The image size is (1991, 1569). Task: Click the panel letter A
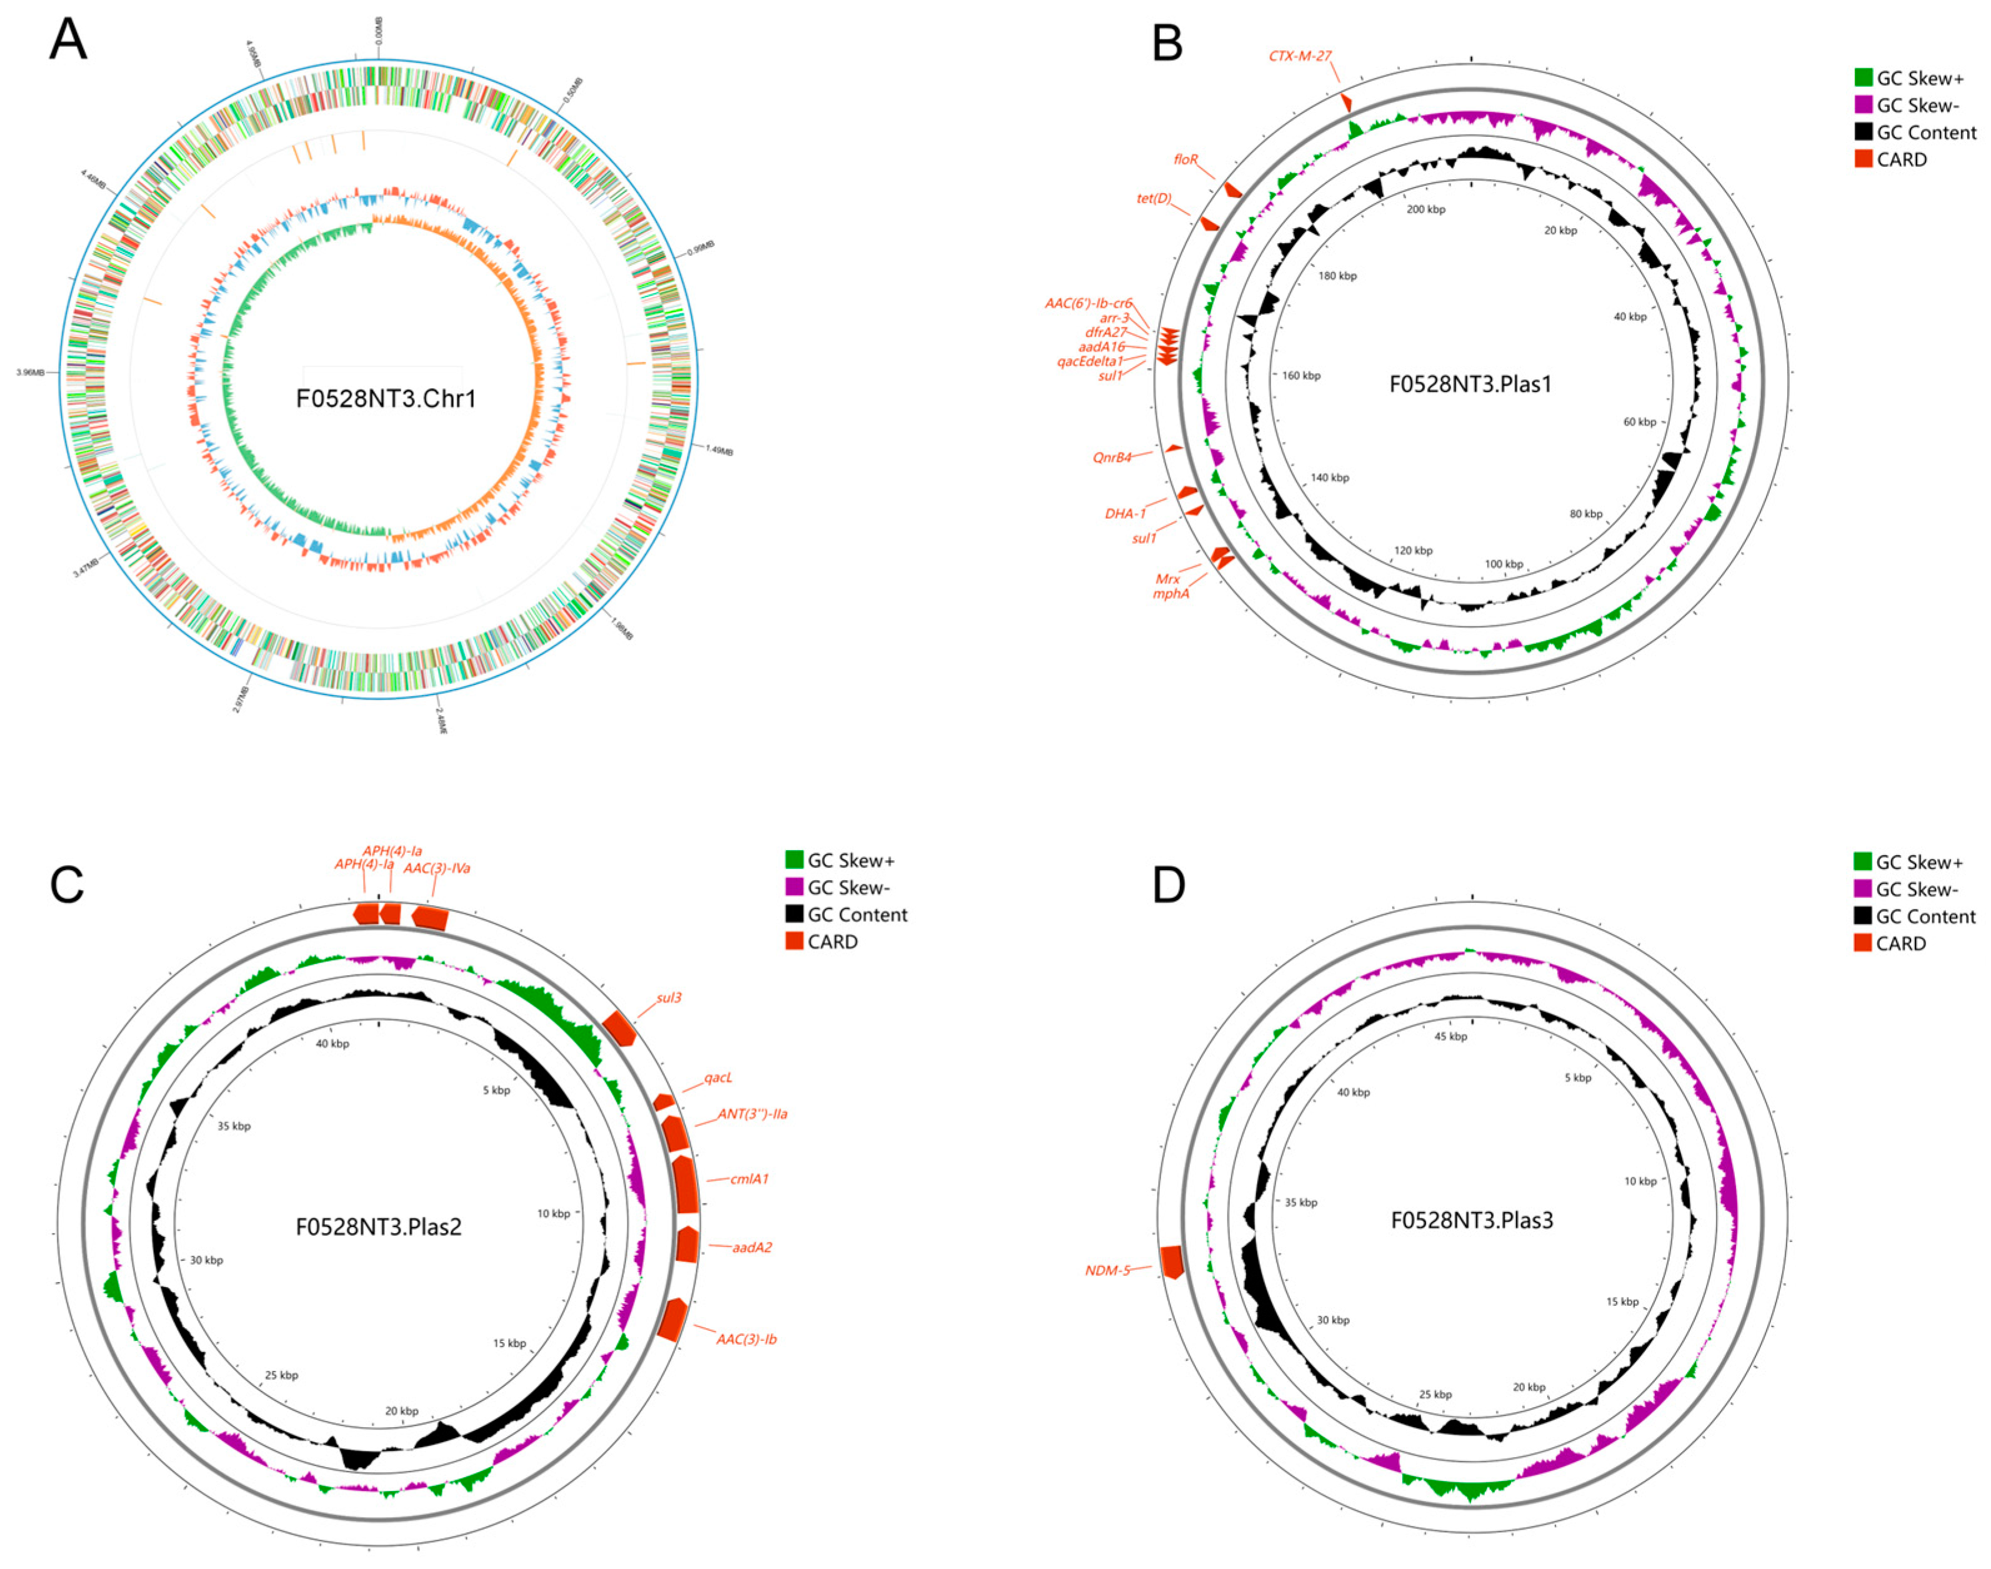coord(68,41)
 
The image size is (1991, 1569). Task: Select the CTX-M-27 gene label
coord(1299,56)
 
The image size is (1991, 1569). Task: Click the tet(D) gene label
coord(1154,198)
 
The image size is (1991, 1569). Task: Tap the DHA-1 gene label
coord(1125,513)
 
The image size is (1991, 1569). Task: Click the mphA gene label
coord(1171,593)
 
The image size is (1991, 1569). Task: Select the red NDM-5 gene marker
coord(1171,1261)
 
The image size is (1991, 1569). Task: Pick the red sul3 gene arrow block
coord(620,1027)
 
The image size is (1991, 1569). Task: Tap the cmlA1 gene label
coord(749,1178)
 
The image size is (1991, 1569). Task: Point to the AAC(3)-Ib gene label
coord(747,1340)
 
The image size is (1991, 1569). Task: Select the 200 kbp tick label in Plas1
coord(1425,209)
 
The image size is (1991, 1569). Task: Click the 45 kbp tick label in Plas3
coord(1451,1036)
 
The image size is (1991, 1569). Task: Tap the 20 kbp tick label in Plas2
coord(401,1411)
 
